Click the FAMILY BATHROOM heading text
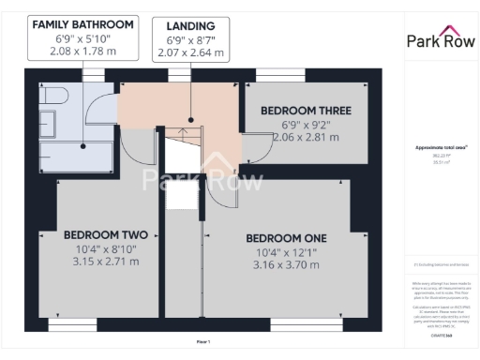pos(82,23)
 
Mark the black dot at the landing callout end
pos(190,120)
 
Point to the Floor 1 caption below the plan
pos(202,342)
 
